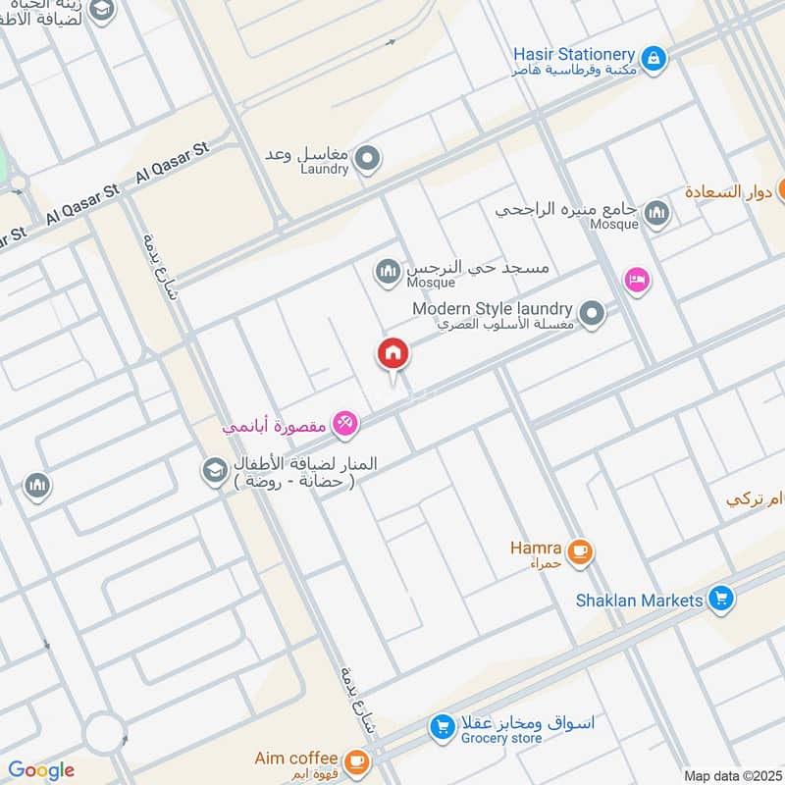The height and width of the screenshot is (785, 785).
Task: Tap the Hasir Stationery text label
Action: pyautogui.click(x=574, y=54)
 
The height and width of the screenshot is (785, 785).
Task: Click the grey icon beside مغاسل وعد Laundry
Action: pyautogui.click(x=368, y=158)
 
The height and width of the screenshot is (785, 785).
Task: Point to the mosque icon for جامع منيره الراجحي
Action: pyautogui.click(x=656, y=213)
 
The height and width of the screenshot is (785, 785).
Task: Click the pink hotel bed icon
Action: pyautogui.click(x=637, y=281)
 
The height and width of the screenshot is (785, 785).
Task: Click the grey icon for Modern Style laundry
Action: pyautogui.click(x=592, y=314)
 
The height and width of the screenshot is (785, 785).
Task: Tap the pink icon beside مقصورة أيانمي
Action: pyautogui.click(x=344, y=424)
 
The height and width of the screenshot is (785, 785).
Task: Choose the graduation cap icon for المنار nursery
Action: pyautogui.click(x=213, y=471)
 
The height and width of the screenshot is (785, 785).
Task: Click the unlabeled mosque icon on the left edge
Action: pyautogui.click(x=37, y=486)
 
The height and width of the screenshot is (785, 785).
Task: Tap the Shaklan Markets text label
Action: pyautogui.click(x=640, y=600)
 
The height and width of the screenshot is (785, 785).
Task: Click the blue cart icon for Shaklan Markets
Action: pyautogui.click(x=721, y=598)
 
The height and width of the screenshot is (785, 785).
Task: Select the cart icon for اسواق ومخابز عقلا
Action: pyautogui.click(x=443, y=727)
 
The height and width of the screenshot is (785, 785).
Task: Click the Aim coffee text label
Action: pyautogui.click(x=295, y=759)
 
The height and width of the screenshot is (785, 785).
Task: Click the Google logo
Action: pyautogui.click(x=41, y=770)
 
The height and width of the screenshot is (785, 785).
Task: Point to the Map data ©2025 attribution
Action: pyautogui.click(x=731, y=775)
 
